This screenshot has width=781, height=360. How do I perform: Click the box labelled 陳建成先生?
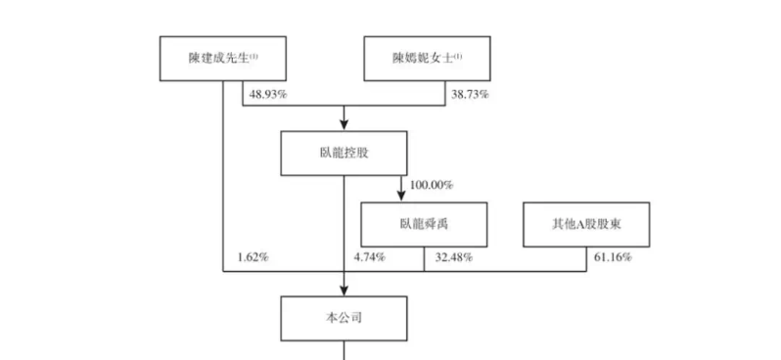click(x=222, y=60)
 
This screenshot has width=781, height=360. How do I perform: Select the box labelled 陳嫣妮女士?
click(x=427, y=60)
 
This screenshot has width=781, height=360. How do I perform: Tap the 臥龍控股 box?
click(x=343, y=154)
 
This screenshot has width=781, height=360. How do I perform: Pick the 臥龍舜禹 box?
click(x=424, y=224)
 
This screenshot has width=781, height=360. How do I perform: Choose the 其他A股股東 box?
click(x=584, y=224)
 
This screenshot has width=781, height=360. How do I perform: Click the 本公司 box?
click(x=343, y=317)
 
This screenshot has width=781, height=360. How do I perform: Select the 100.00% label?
click(x=432, y=185)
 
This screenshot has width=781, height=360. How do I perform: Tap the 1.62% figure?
click(x=253, y=257)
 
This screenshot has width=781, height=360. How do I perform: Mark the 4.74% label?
click(x=369, y=257)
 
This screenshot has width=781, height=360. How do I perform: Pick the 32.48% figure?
click(x=454, y=257)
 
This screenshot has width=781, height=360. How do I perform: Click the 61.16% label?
click(x=612, y=257)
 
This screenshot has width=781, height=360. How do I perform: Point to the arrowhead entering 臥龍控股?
click(x=344, y=124)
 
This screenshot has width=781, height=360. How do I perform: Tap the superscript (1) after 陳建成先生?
click(x=253, y=57)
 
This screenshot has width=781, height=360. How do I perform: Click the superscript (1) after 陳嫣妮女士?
click(x=458, y=57)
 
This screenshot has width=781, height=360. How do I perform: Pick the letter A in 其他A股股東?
click(x=576, y=224)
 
